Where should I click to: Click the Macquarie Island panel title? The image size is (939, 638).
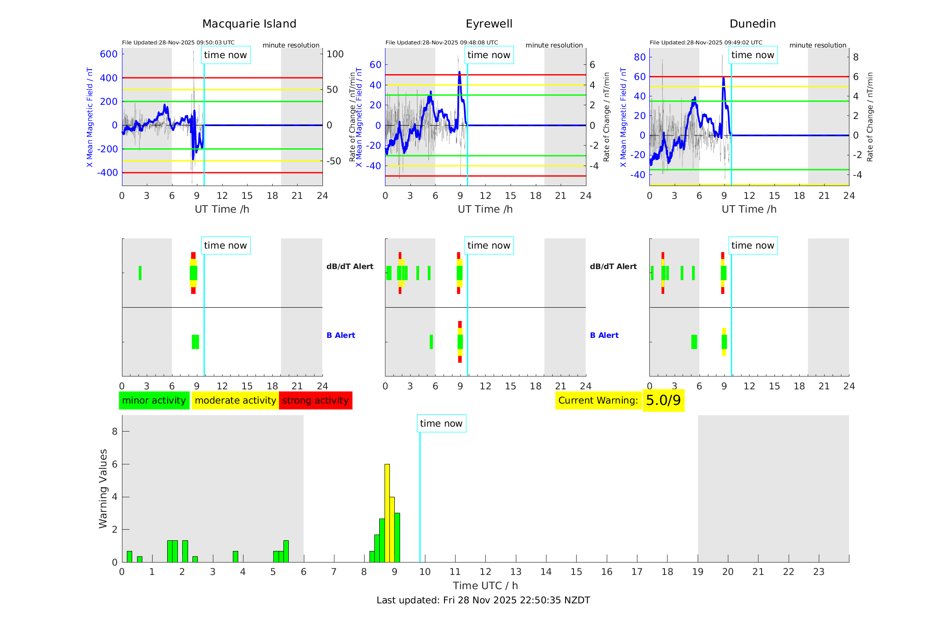click(249, 24)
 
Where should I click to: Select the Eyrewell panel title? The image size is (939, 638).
click(489, 24)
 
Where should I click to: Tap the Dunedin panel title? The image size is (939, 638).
click(752, 24)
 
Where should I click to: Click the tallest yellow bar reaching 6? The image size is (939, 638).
click(387, 513)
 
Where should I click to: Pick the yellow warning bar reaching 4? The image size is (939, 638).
click(392, 529)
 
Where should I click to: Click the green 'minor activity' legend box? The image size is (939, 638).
click(154, 400)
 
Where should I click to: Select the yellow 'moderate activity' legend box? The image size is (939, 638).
click(235, 400)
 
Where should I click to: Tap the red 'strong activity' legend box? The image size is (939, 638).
click(315, 400)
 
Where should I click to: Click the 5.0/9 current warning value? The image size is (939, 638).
click(663, 400)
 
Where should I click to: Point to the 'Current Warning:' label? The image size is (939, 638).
click(598, 400)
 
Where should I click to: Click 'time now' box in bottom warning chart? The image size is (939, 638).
click(441, 424)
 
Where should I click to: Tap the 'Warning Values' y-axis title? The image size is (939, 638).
click(103, 488)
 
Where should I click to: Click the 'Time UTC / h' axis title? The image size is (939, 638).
click(485, 586)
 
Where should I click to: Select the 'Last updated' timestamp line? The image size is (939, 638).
click(483, 600)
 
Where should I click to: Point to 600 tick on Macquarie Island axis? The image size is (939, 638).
click(109, 54)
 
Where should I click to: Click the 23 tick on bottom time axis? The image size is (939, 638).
click(818, 572)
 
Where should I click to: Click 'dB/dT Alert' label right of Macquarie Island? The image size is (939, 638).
click(350, 266)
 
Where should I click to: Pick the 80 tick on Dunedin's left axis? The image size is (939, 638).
click(640, 57)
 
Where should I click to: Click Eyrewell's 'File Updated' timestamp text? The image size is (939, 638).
click(441, 43)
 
